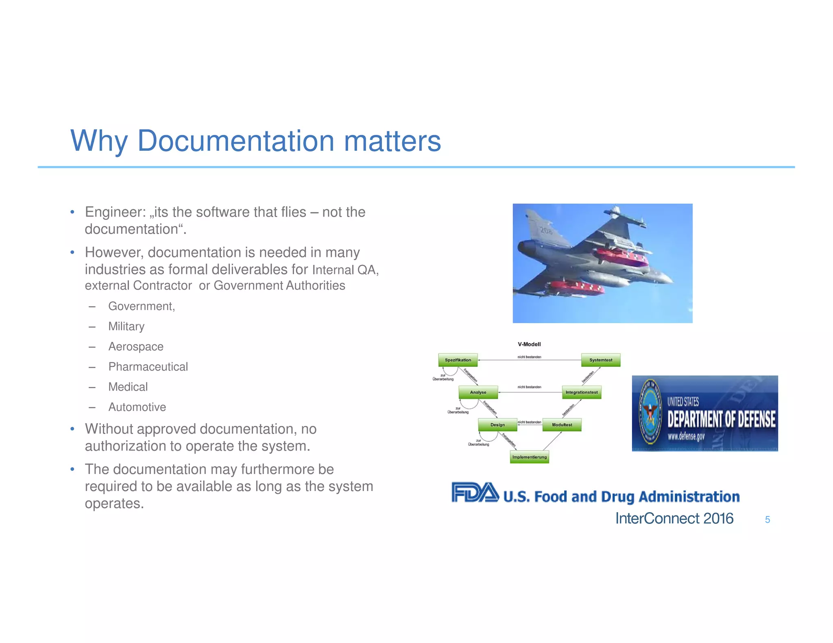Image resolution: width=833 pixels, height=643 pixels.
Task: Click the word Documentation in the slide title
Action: (236, 141)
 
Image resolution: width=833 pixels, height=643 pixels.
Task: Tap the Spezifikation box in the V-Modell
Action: (458, 360)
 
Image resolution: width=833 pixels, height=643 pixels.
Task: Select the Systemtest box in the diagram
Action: (601, 360)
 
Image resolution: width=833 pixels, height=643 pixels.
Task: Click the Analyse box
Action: (478, 392)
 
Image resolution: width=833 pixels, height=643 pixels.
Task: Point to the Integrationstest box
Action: (581, 392)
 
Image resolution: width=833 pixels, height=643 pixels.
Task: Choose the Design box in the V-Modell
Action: (497, 425)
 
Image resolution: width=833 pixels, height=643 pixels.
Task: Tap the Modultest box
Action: (562, 425)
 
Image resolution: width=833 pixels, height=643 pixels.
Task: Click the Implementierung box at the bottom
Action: (529, 457)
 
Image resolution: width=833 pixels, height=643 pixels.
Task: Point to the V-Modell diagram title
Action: (529, 344)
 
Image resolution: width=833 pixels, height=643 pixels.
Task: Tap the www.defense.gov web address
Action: (686, 437)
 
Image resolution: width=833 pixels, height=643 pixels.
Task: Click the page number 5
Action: (767, 519)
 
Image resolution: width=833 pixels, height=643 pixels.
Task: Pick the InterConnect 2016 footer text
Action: (674, 519)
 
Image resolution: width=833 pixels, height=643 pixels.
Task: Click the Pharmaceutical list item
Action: (148, 367)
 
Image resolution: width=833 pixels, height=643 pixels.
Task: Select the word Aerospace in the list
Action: (136, 347)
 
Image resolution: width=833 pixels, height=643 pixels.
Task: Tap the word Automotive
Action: (137, 407)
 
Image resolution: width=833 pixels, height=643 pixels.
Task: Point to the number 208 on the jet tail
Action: (546, 231)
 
